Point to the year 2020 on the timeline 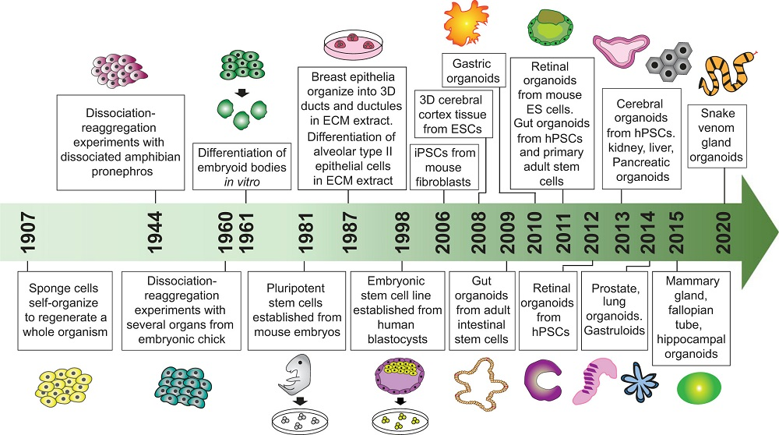[725, 232]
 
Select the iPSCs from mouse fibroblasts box [444, 166]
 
